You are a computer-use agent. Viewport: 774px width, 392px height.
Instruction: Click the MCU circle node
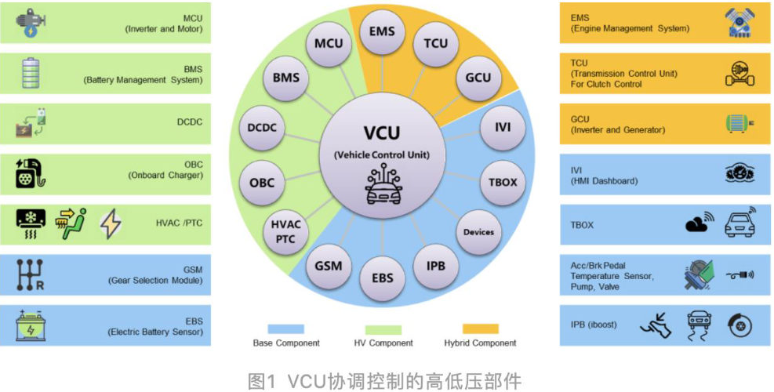click(329, 44)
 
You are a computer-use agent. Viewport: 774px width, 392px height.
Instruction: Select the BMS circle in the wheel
click(286, 78)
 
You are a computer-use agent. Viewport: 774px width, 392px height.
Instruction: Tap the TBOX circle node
click(503, 182)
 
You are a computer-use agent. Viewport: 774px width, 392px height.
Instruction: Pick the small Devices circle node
click(478, 231)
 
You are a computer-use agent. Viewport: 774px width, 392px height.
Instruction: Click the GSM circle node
click(329, 265)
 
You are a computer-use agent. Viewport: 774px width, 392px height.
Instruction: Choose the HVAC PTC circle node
click(286, 231)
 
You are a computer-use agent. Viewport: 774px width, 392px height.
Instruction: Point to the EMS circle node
click(382, 32)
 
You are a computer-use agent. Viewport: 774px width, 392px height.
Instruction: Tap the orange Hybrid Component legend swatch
click(481, 328)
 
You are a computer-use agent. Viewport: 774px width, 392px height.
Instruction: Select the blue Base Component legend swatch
click(285, 328)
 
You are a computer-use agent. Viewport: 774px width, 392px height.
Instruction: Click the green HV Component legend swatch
click(383, 329)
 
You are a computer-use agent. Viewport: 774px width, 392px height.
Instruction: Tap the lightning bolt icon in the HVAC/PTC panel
click(111, 223)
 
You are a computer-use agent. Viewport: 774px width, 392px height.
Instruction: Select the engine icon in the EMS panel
click(737, 24)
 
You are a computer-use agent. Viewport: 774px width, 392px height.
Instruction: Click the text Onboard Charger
click(165, 175)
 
